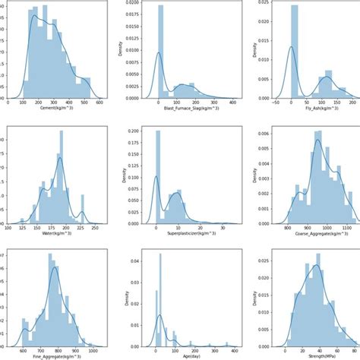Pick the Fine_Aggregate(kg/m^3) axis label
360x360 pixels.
57,354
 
